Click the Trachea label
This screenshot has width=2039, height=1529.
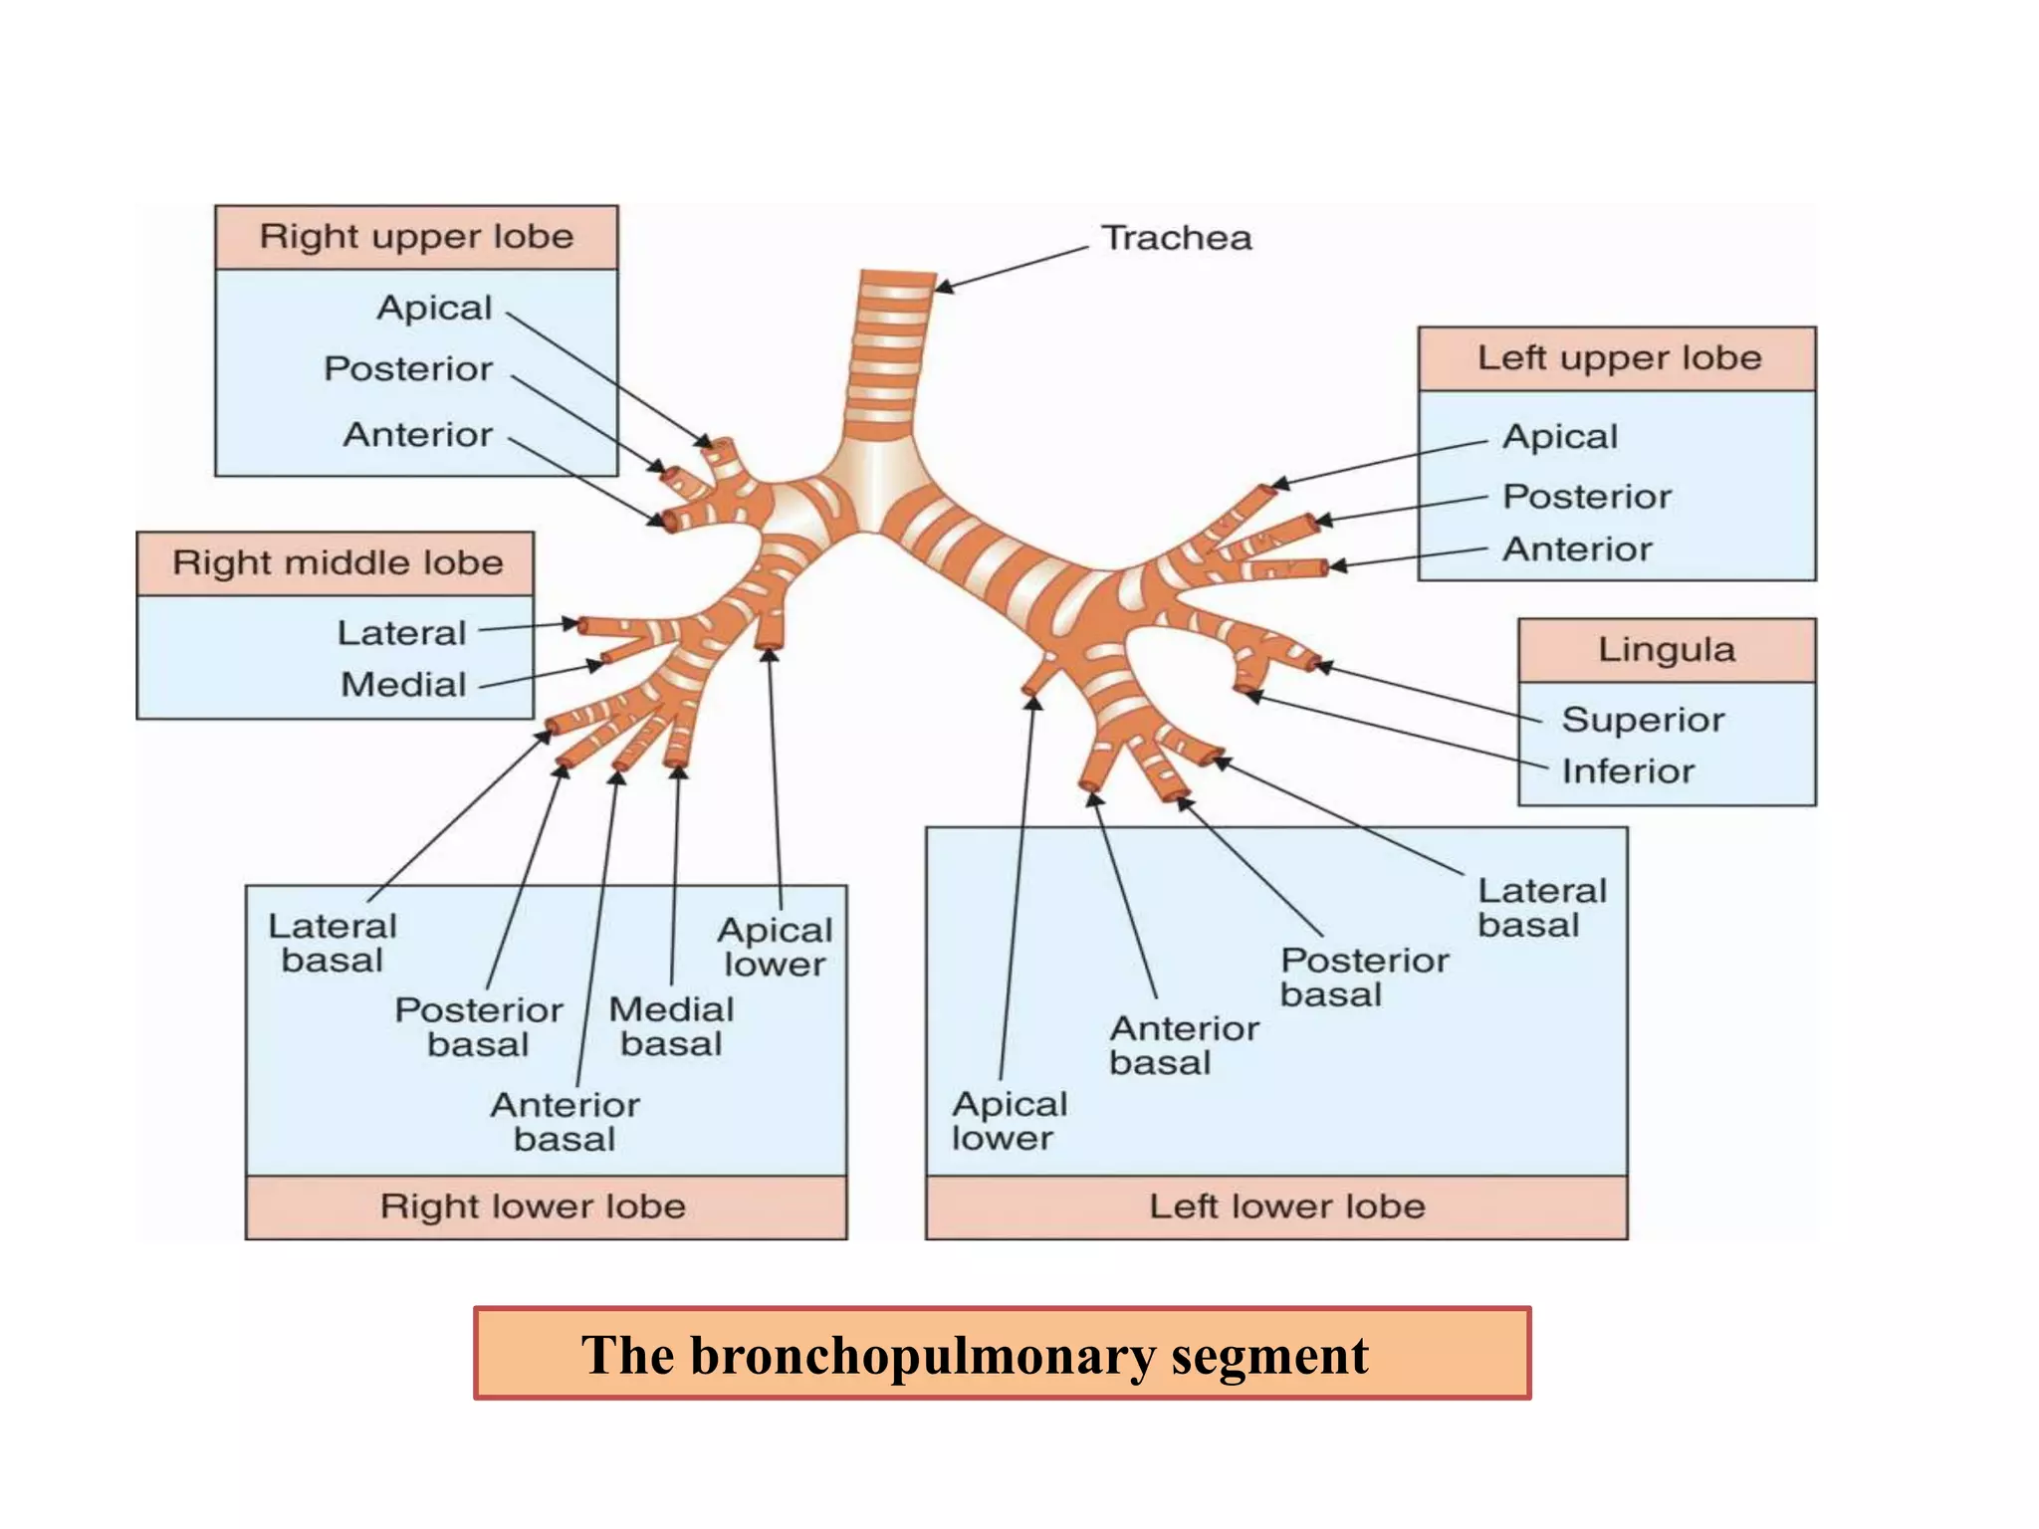pyautogui.click(x=1176, y=238)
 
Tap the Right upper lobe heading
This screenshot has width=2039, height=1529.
pyautogui.click(x=416, y=237)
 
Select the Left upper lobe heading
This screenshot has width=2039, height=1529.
pyautogui.click(x=1619, y=357)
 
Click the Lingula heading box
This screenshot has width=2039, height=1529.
pyautogui.click(x=1667, y=650)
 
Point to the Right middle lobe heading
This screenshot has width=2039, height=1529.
pyautogui.click(x=338, y=562)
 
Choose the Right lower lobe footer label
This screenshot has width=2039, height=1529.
pyautogui.click(x=533, y=1206)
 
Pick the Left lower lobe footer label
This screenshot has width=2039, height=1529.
pyautogui.click(x=1287, y=1206)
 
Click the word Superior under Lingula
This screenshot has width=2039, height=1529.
pyautogui.click(x=1643, y=720)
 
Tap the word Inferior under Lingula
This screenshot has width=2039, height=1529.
pyautogui.click(x=1628, y=771)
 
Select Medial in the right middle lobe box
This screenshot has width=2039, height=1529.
pyautogui.click(x=403, y=685)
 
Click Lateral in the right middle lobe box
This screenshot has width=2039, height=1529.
pyautogui.click(x=401, y=633)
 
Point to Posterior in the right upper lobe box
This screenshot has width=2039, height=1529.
pyautogui.click(x=408, y=369)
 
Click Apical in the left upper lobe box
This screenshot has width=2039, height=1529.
pyautogui.click(x=1560, y=437)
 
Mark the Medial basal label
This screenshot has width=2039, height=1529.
pyautogui.click(x=671, y=1026)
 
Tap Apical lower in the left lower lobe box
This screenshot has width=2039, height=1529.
pyautogui.click(x=1009, y=1121)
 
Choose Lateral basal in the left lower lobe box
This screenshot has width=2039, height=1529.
pyautogui.click(x=1541, y=907)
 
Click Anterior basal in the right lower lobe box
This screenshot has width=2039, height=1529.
pyautogui.click(x=565, y=1122)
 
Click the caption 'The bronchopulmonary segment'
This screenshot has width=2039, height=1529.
pyautogui.click(x=976, y=1355)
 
